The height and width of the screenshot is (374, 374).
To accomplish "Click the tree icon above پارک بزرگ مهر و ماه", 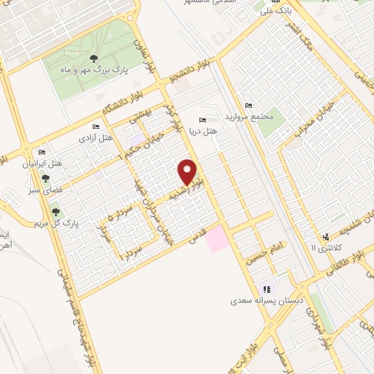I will point(92,58).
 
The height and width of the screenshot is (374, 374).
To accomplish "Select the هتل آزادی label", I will point(96,137).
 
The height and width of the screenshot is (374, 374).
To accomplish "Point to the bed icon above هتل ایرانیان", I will point(42,153).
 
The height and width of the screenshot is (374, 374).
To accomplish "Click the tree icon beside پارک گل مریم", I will point(56,212).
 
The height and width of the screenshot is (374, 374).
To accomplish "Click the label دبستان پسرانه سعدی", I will point(262,299).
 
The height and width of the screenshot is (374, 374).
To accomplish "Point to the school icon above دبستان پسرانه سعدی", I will point(267,289).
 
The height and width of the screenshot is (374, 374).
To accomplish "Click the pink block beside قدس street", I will point(216,239).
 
